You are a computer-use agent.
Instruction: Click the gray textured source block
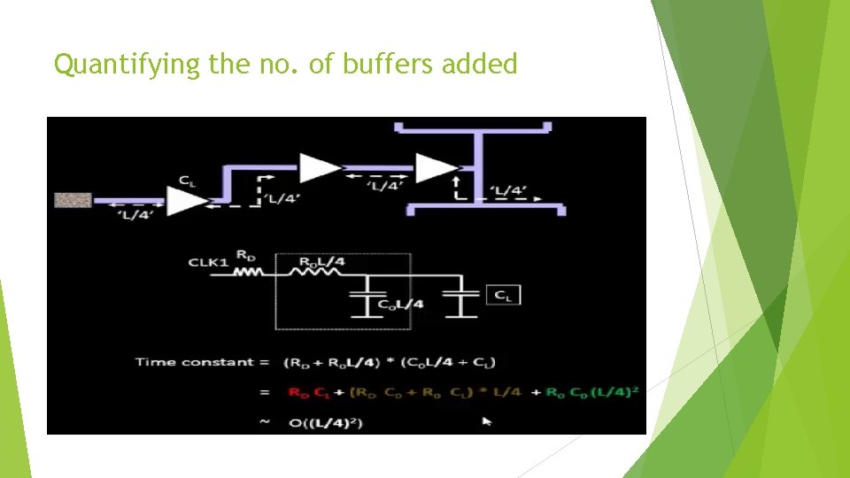(73, 200)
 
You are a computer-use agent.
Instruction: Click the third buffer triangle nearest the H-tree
(435, 167)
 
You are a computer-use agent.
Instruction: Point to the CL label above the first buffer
(187, 181)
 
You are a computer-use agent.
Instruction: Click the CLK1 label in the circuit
(208, 262)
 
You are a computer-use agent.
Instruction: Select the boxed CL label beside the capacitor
(502, 295)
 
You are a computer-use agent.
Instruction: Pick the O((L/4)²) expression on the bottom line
(325, 422)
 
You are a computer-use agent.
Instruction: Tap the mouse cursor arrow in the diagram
(486, 421)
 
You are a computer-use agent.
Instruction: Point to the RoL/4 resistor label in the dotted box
(323, 262)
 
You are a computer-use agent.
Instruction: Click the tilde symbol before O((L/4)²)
(265, 422)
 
